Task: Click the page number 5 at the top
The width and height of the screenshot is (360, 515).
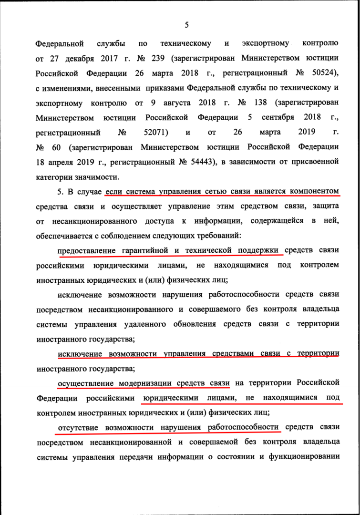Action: tap(187, 25)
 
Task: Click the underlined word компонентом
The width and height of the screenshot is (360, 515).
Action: tap(312, 192)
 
